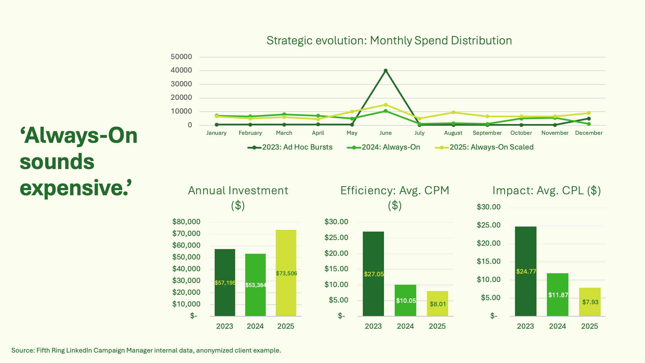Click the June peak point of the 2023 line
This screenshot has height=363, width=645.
coord(385,71)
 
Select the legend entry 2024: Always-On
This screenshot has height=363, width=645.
coord(384,147)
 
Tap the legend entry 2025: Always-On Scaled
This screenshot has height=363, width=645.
coord(484,147)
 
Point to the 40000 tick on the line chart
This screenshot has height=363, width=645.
coord(181,70)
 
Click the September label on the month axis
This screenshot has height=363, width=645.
coord(487,133)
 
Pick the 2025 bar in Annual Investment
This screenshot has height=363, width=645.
coord(286,273)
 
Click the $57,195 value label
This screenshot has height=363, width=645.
coord(225,283)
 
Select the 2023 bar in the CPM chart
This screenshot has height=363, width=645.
coord(373,274)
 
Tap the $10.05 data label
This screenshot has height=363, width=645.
coord(406,301)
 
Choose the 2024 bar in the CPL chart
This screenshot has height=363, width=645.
coord(557,294)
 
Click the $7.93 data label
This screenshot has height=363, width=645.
coord(590,302)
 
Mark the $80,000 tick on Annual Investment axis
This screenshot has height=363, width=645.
coord(186,222)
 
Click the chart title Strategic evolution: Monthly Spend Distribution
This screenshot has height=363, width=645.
coord(389,41)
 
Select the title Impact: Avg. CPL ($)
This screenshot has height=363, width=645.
coord(546,191)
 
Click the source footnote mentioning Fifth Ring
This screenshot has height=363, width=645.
coord(146,351)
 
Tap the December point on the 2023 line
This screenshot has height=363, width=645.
coord(589,119)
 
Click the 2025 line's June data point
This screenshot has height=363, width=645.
coord(385,105)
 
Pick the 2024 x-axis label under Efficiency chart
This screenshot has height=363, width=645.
coord(405,326)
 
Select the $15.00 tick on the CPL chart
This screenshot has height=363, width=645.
coord(488,261)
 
